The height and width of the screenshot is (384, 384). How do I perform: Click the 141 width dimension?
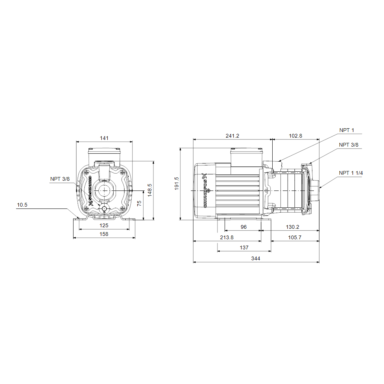[104, 138]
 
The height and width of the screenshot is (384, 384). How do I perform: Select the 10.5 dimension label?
[22, 205]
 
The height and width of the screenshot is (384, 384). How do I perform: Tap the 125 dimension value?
[104, 225]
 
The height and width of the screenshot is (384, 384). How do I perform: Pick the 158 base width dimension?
[104, 234]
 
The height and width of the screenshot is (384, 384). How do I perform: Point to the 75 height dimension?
[139, 204]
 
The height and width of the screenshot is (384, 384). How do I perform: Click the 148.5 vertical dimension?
[150, 190]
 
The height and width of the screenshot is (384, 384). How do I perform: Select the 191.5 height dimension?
[177, 183]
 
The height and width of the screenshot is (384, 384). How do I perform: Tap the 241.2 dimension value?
[232, 136]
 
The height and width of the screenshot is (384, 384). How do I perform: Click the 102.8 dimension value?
[295, 136]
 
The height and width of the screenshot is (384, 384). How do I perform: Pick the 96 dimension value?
[244, 227]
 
